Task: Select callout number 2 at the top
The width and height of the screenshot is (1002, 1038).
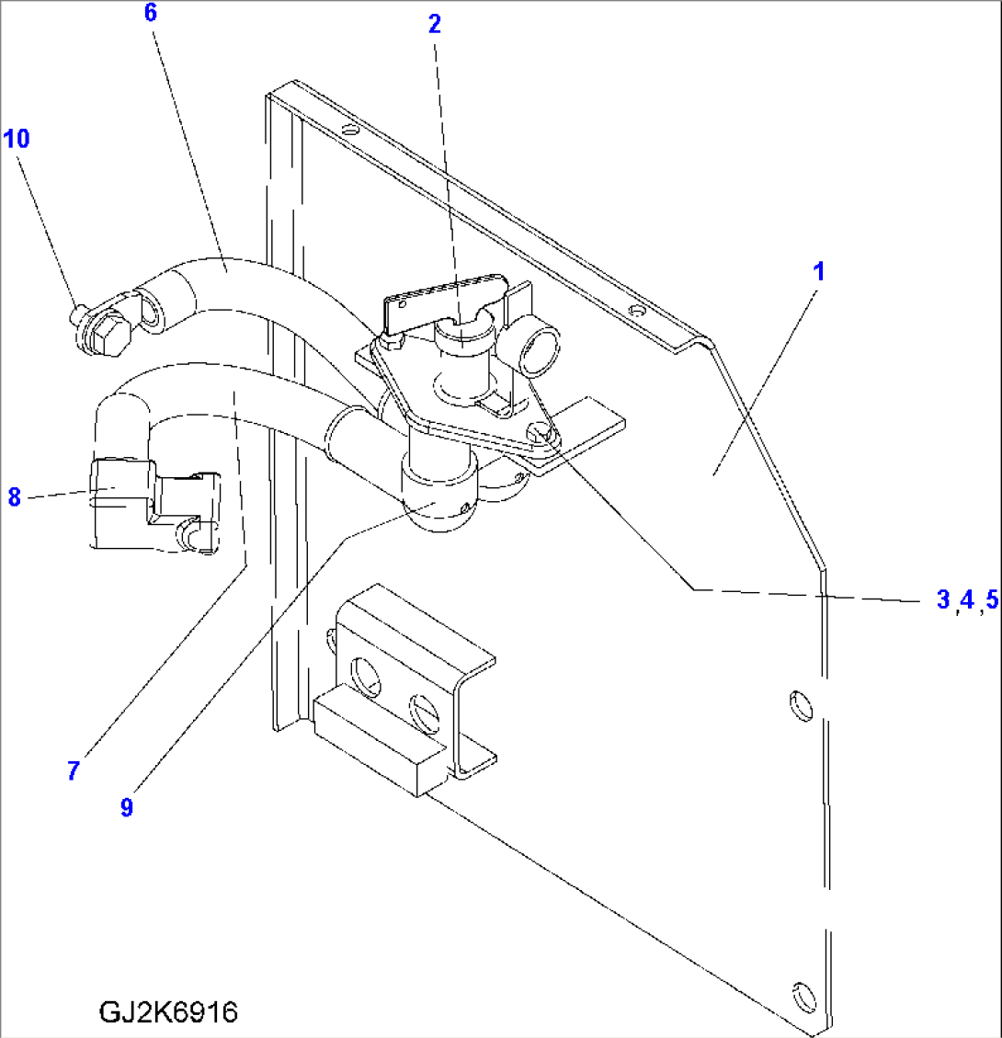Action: (434, 25)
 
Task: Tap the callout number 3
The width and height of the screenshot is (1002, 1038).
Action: (943, 600)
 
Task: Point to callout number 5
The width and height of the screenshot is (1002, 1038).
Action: (988, 600)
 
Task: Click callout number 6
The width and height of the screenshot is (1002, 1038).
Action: (151, 13)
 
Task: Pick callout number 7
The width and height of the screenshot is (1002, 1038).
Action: (73, 770)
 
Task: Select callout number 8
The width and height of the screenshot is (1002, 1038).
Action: (14, 497)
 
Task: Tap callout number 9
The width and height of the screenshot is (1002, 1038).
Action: (126, 807)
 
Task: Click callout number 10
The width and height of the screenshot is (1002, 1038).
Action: (17, 139)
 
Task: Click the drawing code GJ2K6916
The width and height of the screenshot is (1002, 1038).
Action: (167, 1012)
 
